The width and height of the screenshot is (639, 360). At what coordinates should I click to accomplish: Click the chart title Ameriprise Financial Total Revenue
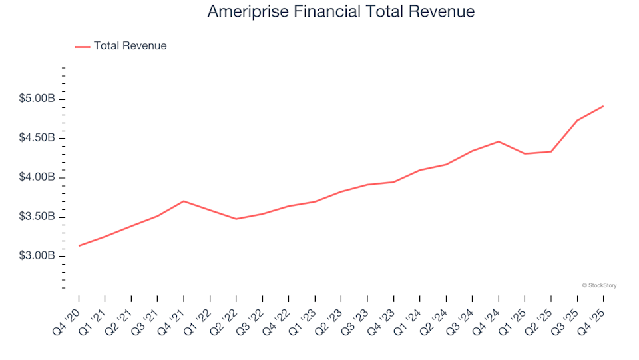(x=341, y=12)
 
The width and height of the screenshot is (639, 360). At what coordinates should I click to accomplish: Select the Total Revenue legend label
(x=130, y=46)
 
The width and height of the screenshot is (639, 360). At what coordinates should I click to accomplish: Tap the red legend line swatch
(x=83, y=47)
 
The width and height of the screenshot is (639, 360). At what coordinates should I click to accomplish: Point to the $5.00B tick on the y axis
(x=37, y=99)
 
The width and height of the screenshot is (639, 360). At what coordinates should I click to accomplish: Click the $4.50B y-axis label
(x=37, y=138)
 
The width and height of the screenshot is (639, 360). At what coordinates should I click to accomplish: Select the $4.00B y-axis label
(x=37, y=177)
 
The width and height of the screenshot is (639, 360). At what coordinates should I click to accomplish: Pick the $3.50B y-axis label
(x=37, y=217)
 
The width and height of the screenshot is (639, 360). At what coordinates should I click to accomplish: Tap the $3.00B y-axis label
(x=37, y=256)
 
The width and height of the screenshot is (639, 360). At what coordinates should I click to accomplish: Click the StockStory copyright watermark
(x=599, y=285)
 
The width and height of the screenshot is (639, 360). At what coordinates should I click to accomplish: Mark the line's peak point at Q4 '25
(x=603, y=106)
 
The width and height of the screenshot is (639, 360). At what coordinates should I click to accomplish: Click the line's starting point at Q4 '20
(x=79, y=246)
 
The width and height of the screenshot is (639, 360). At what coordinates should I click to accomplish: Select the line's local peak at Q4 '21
(x=184, y=201)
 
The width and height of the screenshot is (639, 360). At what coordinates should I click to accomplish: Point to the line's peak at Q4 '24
(x=499, y=141)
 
